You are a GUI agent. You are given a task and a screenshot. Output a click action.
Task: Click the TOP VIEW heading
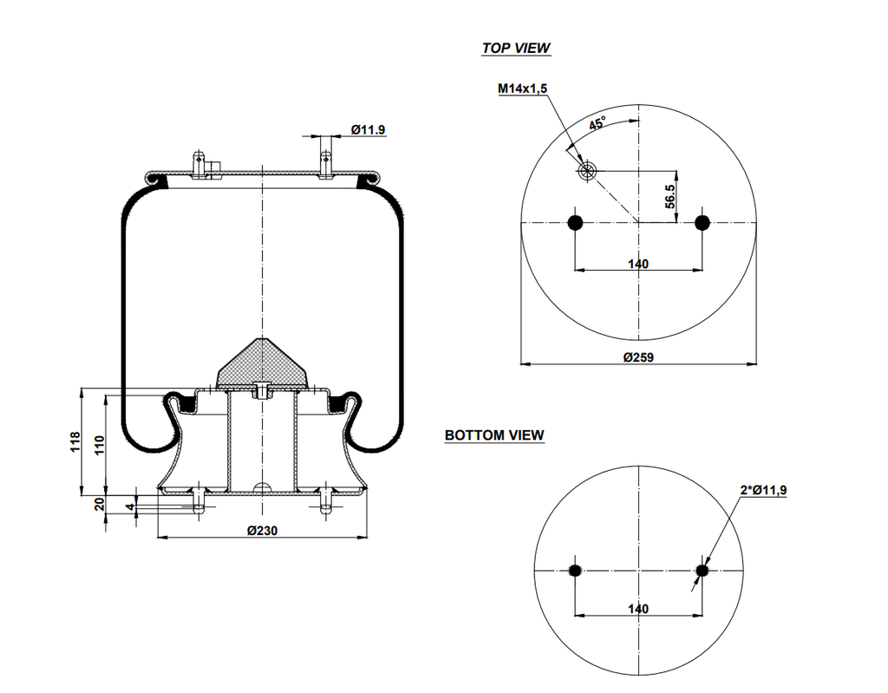tap(516, 49)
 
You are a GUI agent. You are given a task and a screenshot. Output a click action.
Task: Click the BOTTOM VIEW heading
tap(494, 435)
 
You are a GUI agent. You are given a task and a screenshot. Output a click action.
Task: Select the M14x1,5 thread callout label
tap(522, 88)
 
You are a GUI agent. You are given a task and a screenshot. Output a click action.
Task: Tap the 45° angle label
tap(597, 124)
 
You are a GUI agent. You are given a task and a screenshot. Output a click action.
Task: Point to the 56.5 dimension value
tap(670, 197)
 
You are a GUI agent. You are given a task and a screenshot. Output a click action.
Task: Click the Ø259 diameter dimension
tap(637, 357)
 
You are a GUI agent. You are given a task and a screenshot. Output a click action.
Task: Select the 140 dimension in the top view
tap(637, 264)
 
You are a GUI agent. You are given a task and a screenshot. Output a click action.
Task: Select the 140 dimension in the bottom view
tap(637, 609)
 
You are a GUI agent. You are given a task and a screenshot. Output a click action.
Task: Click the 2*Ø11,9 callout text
tap(763, 491)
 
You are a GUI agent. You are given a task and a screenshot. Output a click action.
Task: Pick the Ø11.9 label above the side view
tap(368, 130)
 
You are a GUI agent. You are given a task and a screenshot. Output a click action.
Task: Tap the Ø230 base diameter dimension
tap(262, 531)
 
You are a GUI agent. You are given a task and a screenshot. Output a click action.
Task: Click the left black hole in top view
tap(574, 223)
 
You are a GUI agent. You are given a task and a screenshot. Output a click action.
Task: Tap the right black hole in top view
tap(702, 223)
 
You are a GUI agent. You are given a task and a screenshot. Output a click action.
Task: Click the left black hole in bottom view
tap(574, 570)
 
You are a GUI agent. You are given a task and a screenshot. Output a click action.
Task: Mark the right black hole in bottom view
tap(702, 570)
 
